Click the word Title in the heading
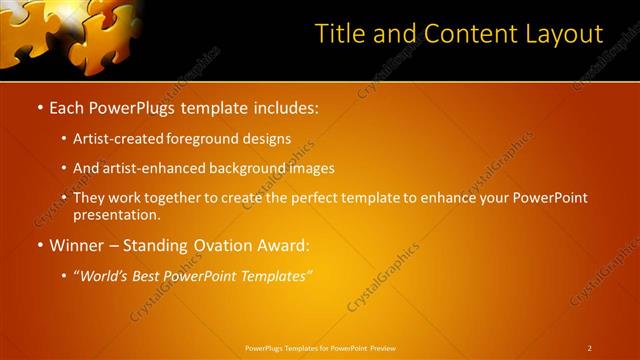click(339, 34)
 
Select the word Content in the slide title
click(464, 34)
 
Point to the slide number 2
click(590, 348)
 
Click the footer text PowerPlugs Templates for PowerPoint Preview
click(320, 348)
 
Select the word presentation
click(115, 215)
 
